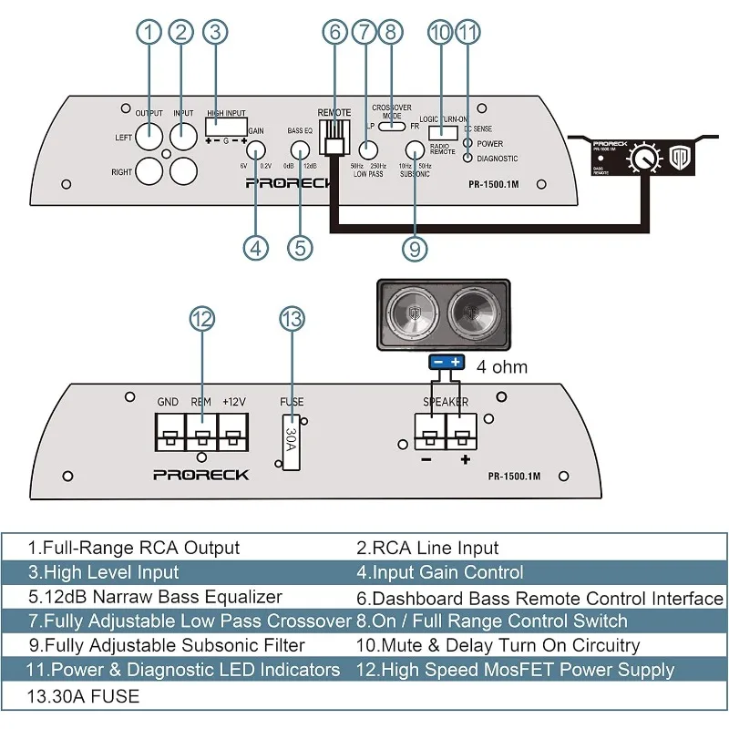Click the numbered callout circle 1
tap(149, 32)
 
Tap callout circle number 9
tap(414, 246)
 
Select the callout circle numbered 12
tap(202, 318)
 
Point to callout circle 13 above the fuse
tap(292, 318)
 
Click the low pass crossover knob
tap(368, 150)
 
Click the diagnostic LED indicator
tap(468, 158)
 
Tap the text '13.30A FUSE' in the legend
tap(84, 697)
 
